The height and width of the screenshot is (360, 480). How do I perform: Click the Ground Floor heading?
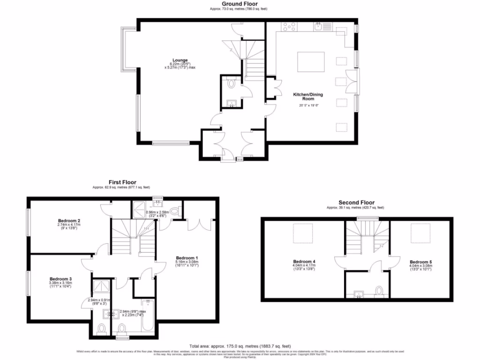240,3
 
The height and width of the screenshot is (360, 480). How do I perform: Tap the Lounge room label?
180,60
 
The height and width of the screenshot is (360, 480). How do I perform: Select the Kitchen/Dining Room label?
308,97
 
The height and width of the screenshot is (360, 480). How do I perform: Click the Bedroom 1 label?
187,258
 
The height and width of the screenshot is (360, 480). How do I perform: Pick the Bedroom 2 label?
69,220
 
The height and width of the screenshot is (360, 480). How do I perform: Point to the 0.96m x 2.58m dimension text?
157,212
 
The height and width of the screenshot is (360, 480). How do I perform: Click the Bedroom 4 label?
304,261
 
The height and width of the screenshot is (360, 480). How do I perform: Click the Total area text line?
240,345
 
